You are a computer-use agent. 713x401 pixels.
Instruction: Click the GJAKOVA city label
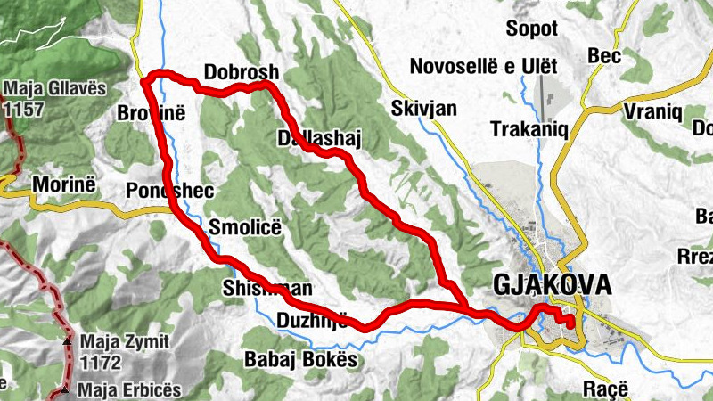pyautogui.click(x=553, y=285)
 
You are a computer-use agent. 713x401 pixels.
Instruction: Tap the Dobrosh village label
pyautogui.click(x=242, y=72)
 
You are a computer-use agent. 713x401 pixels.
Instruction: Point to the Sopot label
pyautogui.click(x=531, y=29)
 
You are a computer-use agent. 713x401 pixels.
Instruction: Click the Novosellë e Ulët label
pyautogui.click(x=483, y=67)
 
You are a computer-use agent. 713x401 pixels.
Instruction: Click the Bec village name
pyautogui.click(x=603, y=56)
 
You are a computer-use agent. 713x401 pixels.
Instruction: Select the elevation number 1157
pyautogui.click(x=23, y=108)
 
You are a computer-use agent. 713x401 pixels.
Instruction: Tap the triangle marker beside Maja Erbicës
pyautogui.click(x=66, y=390)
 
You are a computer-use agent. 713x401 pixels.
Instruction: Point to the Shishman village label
pyautogui.click(x=266, y=289)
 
